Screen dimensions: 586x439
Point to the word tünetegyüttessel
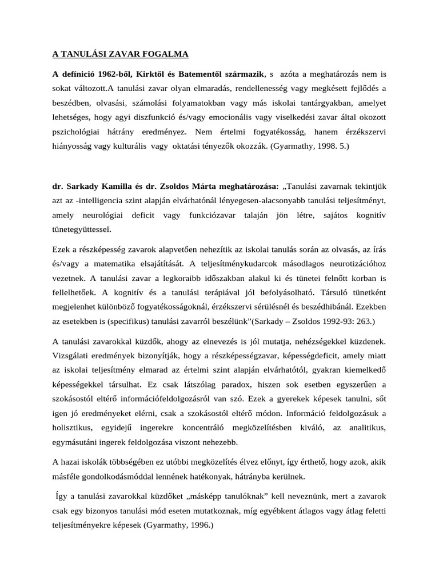[x=82, y=229]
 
